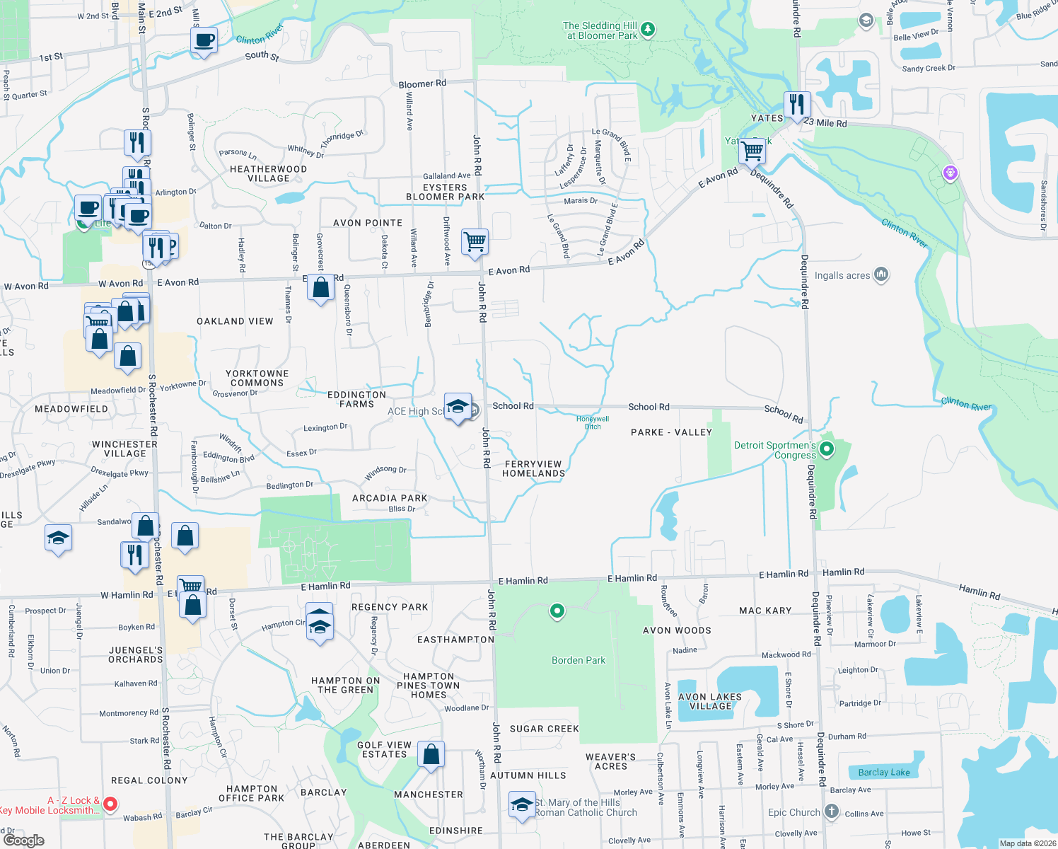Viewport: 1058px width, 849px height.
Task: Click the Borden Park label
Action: pos(578,660)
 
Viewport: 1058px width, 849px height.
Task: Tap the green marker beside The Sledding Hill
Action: pos(648,30)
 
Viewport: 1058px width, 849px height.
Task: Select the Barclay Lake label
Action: pos(884,772)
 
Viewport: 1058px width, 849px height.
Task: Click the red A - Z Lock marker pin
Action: pos(110,803)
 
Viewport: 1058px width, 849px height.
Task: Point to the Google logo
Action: pos(23,841)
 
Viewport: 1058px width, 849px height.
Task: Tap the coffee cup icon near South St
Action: pos(204,40)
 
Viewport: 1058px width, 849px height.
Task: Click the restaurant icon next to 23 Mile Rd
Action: pos(797,105)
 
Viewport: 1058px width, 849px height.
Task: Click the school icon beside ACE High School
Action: pos(458,407)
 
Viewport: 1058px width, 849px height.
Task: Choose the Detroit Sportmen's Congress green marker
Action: pos(825,449)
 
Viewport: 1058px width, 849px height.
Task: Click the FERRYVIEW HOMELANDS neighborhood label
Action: pos(534,469)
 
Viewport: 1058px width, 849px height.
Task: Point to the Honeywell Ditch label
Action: pos(593,422)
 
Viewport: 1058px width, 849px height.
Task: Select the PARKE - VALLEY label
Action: pos(671,432)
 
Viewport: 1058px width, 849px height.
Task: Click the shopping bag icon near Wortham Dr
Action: pos(431,755)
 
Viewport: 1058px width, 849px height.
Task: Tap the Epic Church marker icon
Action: pos(832,812)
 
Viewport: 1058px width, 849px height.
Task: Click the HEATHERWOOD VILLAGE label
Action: pos(268,173)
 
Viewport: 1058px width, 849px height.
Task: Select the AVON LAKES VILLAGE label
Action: pos(710,701)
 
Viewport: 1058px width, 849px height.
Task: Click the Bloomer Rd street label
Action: pos(422,83)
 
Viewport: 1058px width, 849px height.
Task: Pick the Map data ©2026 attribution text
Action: pos(1028,843)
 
